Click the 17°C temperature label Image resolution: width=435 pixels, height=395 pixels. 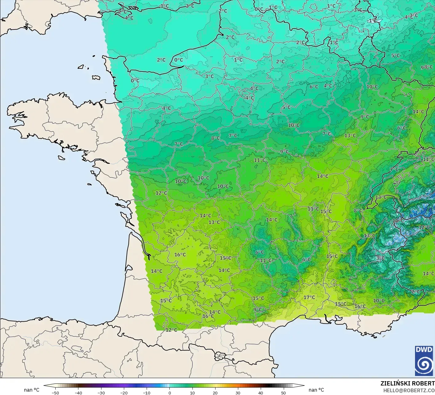[309, 297]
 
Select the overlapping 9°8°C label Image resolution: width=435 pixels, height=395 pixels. [426, 67]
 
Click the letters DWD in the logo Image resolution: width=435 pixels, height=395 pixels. [424, 350]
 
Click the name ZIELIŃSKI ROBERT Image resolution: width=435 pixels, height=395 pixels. [407, 383]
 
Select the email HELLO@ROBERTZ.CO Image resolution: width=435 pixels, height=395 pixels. [409, 390]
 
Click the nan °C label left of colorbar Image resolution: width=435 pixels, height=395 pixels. [32, 390]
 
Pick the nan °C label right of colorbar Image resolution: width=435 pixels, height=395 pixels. [316, 390]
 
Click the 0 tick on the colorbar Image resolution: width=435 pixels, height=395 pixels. [169, 393]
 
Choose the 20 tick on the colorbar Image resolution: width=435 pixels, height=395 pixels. [215, 393]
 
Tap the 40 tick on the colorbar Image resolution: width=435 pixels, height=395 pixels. [260, 393]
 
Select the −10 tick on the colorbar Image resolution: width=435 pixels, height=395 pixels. [146, 393]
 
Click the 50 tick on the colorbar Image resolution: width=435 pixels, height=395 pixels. [283, 393]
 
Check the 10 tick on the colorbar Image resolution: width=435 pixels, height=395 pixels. [192, 393]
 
